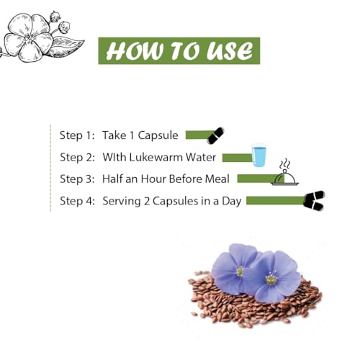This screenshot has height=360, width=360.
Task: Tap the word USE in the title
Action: (230, 51)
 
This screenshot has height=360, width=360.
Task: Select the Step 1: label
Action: (77, 135)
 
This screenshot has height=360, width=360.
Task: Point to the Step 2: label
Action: (78, 158)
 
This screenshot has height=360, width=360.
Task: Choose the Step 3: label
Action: (78, 179)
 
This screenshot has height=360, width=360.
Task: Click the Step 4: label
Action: (78, 201)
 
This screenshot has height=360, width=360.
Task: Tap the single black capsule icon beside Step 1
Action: (215, 135)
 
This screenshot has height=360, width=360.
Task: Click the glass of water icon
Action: (258, 155)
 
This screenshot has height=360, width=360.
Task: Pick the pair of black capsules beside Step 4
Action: (314, 201)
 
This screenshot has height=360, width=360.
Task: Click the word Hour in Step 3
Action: (153, 179)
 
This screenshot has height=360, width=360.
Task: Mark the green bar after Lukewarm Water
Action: (237, 158)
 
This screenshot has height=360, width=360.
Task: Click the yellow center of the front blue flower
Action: (271, 279)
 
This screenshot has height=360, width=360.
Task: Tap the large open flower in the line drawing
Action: (28, 37)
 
